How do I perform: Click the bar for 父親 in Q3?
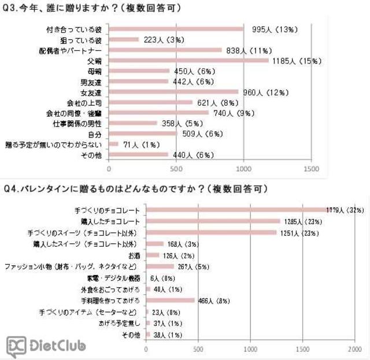tap(188, 60)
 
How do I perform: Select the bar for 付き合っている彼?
tap(176, 28)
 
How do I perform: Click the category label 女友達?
tap(92, 92)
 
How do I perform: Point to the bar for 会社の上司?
tap(151, 102)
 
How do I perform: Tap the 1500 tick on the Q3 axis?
tap(311, 169)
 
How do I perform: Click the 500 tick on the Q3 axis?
tap(176, 169)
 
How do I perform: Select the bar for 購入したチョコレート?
tap(213, 221)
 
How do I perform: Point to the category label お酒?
tap(134, 255)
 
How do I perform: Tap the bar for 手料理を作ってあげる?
tap(170, 300)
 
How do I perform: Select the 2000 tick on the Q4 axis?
tap(354, 349)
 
